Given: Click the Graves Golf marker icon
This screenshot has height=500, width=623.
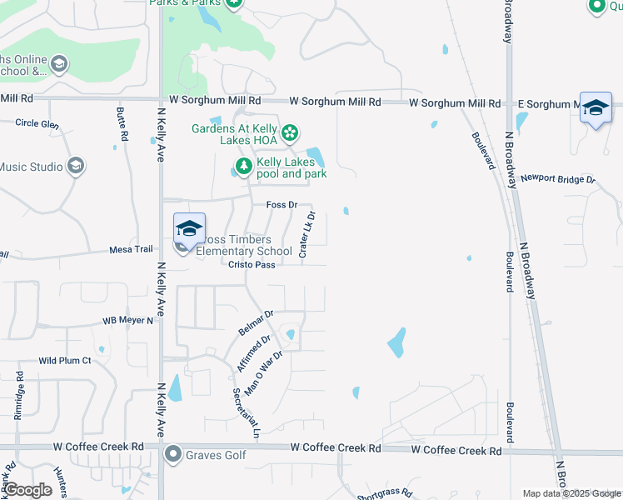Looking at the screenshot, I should pyautogui.click(x=173, y=454).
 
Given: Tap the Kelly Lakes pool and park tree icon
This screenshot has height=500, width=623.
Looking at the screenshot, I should pyautogui.click(x=243, y=167).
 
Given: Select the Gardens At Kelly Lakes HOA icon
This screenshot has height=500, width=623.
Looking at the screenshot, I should pyautogui.click(x=290, y=132).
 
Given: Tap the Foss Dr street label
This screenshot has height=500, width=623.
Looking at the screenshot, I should pyautogui.click(x=282, y=204).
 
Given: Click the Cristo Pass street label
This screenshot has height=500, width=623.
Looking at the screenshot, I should pyautogui.click(x=252, y=264).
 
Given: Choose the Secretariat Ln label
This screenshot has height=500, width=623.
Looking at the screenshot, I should pyautogui.click(x=247, y=412).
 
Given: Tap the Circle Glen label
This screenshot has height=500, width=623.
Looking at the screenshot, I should pyautogui.click(x=37, y=123).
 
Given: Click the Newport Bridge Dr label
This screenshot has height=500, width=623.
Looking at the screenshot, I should pyautogui.click(x=558, y=178).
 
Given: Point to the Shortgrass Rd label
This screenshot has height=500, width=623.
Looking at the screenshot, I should pyautogui.click(x=384, y=492).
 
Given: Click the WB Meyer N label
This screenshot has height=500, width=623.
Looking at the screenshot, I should pyautogui.click(x=128, y=320).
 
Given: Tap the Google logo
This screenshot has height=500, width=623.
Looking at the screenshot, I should pyautogui.click(x=27, y=490).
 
